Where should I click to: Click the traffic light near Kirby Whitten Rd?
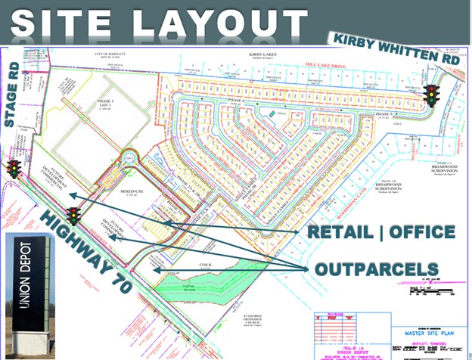[x=433, y=95]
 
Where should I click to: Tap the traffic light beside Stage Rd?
[x=14, y=169]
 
